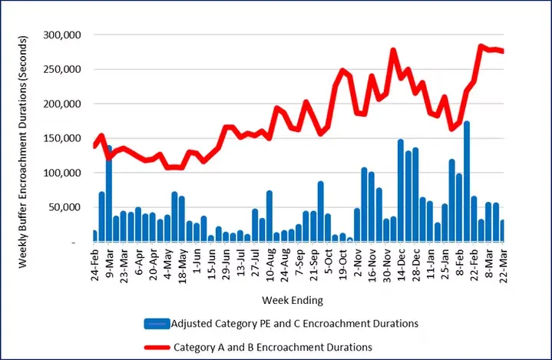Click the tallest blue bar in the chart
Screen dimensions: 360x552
(467, 181)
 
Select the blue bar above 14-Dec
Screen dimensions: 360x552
(401, 190)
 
